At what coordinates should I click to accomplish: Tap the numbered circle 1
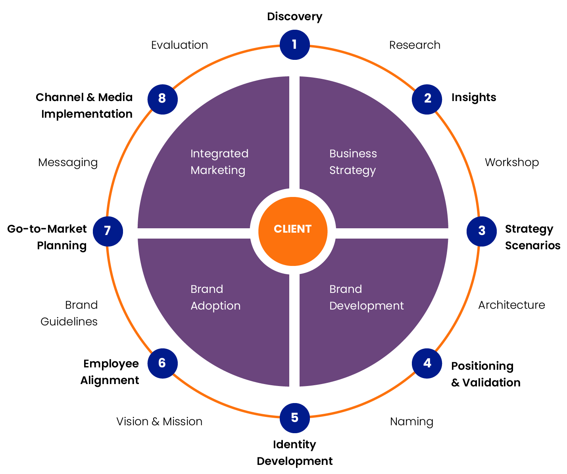tap(294, 44)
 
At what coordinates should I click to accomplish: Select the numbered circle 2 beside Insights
tap(427, 99)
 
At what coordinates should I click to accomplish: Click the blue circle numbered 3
tap(481, 231)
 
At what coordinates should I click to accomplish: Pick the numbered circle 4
tap(427, 363)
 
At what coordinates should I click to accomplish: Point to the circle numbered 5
tap(294, 418)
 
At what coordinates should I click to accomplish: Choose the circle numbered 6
tap(162, 363)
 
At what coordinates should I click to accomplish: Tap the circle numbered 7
tap(108, 231)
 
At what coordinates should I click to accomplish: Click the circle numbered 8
tap(162, 99)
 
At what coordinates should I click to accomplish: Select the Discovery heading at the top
tap(294, 17)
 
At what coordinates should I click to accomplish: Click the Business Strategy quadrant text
tap(353, 162)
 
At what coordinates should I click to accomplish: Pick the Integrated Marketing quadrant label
tap(219, 162)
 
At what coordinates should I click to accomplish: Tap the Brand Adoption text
tap(215, 297)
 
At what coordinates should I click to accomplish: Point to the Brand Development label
tap(366, 297)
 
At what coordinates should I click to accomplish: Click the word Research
tap(415, 45)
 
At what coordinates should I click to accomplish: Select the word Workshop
tap(511, 162)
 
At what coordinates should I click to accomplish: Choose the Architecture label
tap(511, 305)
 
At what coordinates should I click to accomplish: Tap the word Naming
tap(411, 422)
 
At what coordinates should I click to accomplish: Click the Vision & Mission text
tap(159, 422)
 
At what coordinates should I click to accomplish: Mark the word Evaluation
tap(179, 45)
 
